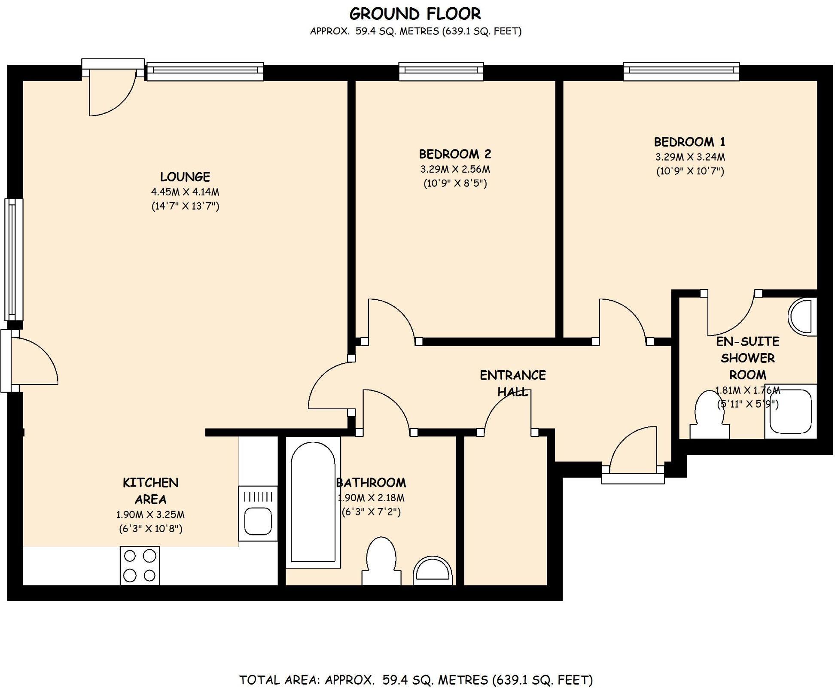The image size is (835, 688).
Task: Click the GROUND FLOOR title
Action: [x=415, y=14]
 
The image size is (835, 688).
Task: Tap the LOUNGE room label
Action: [x=185, y=177]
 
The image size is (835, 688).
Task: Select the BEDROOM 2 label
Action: [x=455, y=154]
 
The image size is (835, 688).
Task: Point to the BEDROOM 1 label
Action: [x=689, y=142]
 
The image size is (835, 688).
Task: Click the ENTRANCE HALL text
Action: [x=512, y=383]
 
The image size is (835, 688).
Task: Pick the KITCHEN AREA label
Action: [x=150, y=491]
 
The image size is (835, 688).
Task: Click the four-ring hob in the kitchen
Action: [x=140, y=565]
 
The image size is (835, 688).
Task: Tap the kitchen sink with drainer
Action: [x=258, y=514]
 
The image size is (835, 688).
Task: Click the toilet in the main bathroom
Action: [x=381, y=560]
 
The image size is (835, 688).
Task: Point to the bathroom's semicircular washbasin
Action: [x=433, y=571]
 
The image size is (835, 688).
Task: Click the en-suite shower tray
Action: [x=790, y=411]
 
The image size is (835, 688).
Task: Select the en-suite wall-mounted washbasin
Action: [x=803, y=317]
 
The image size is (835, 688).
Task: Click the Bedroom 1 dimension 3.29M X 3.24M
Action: [x=690, y=157]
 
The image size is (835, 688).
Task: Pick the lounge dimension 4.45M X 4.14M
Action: [x=185, y=192]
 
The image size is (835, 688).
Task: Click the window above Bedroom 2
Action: [x=441, y=71]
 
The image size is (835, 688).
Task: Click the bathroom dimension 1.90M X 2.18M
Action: [x=371, y=498]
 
